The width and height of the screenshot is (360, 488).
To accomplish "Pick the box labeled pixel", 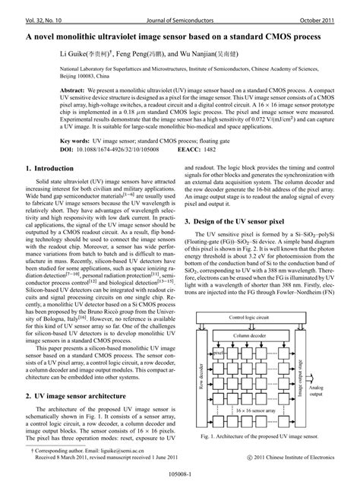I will [x=217, y=332].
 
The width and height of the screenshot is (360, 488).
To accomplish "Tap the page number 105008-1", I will [x=179, y=480].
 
